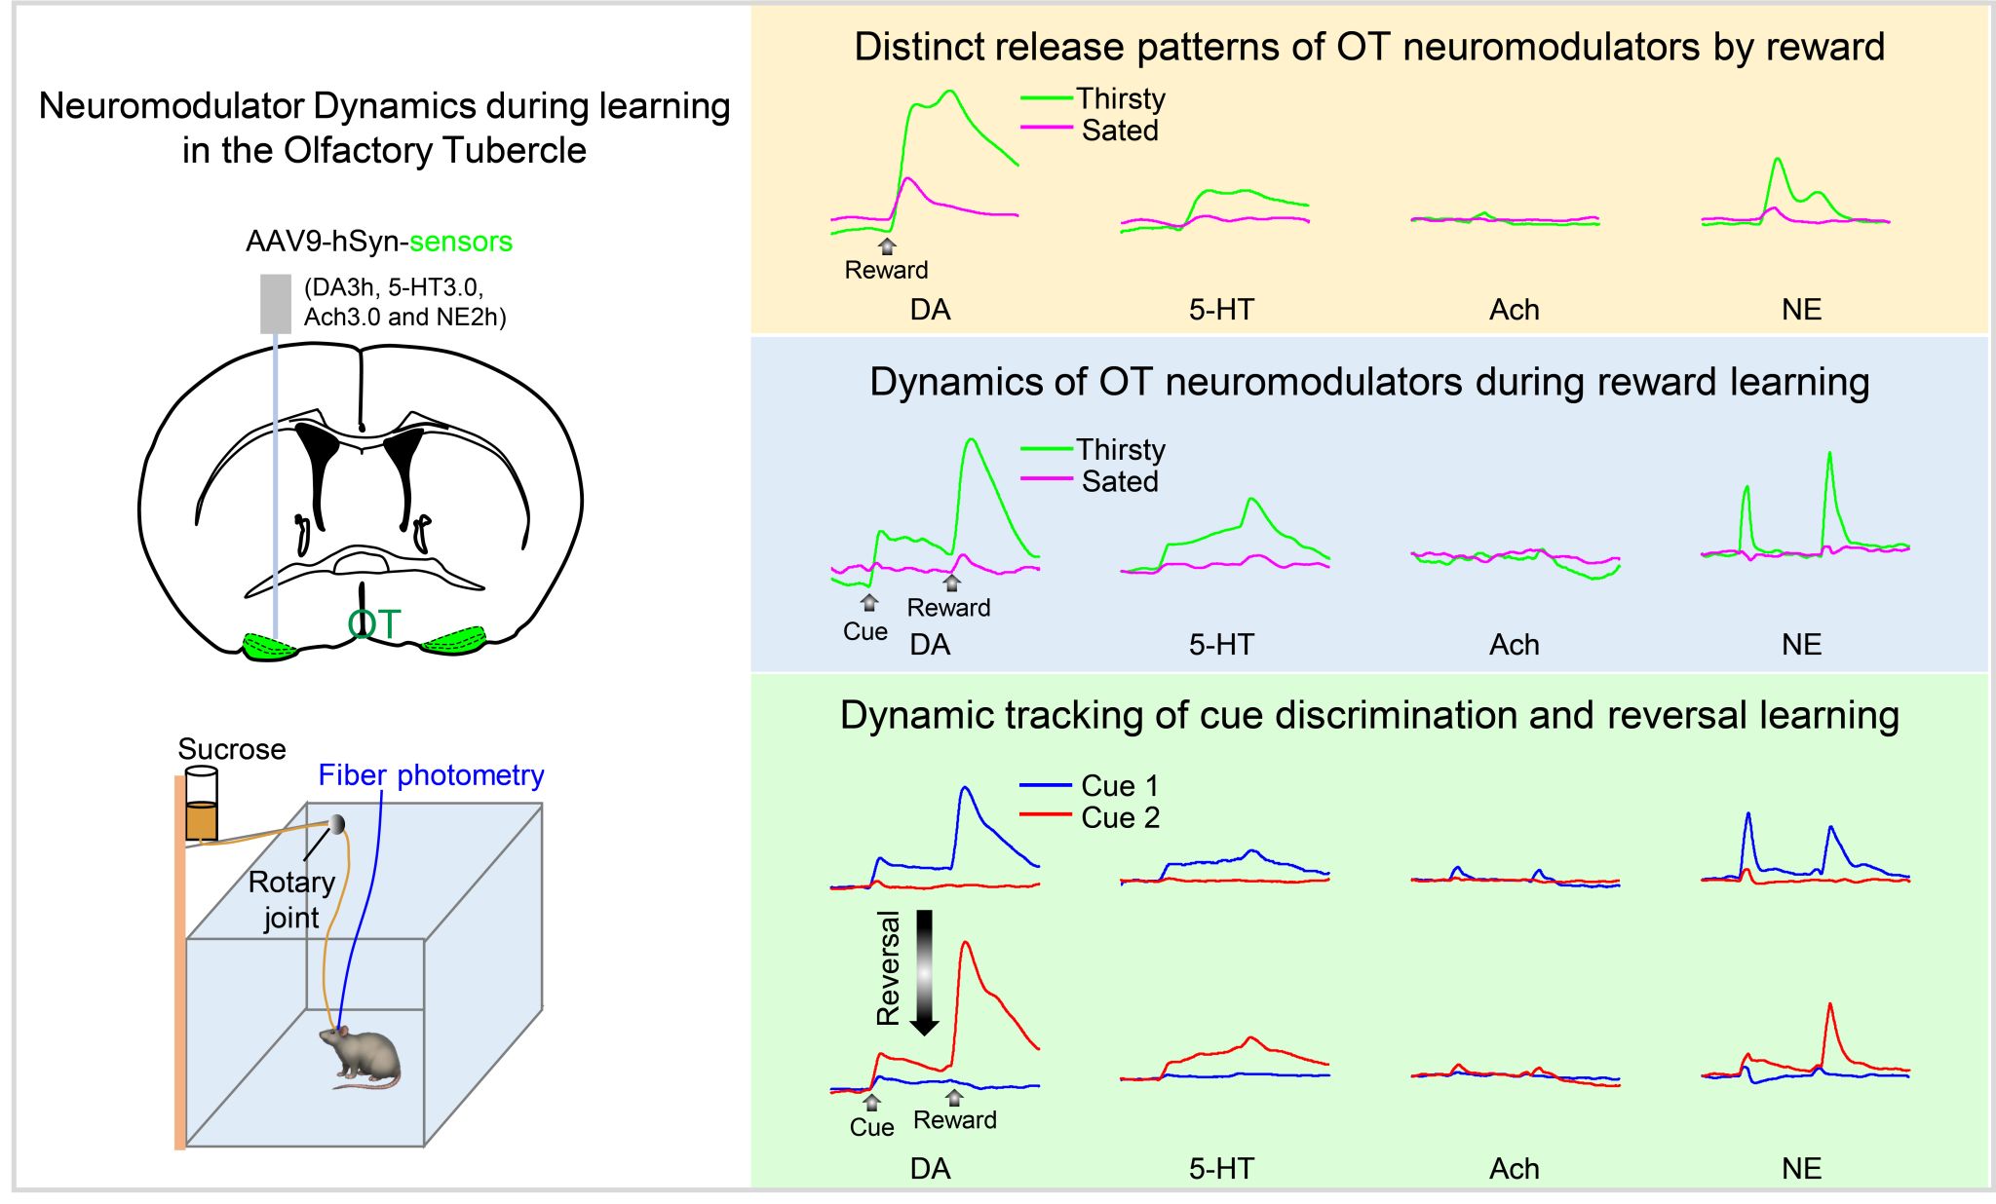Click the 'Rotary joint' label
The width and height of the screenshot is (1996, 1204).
(x=291, y=899)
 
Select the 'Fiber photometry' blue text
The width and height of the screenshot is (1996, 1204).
(x=431, y=775)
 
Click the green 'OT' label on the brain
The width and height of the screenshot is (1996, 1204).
(x=374, y=624)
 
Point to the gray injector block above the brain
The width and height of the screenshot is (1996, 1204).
(x=276, y=303)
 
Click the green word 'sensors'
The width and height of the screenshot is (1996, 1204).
(x=461, y=242)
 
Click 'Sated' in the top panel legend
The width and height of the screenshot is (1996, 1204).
(x=1120, y=131)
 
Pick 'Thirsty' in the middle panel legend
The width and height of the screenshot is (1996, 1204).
(x=1121, y=450)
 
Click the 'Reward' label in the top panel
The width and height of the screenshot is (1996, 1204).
(x=886, y=270)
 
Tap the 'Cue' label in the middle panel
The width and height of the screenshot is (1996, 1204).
(x=865, y=631)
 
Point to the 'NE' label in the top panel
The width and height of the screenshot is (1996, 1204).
(x=1801, y=310)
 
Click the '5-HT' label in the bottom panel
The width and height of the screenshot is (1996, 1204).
(x=1221, y=1169)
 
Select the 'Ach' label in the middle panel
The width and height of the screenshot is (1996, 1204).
(x=1514, y=645)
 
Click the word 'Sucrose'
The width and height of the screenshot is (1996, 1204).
(x=232, y=749)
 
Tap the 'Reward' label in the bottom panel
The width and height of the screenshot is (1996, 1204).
(x=955, y=1120)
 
